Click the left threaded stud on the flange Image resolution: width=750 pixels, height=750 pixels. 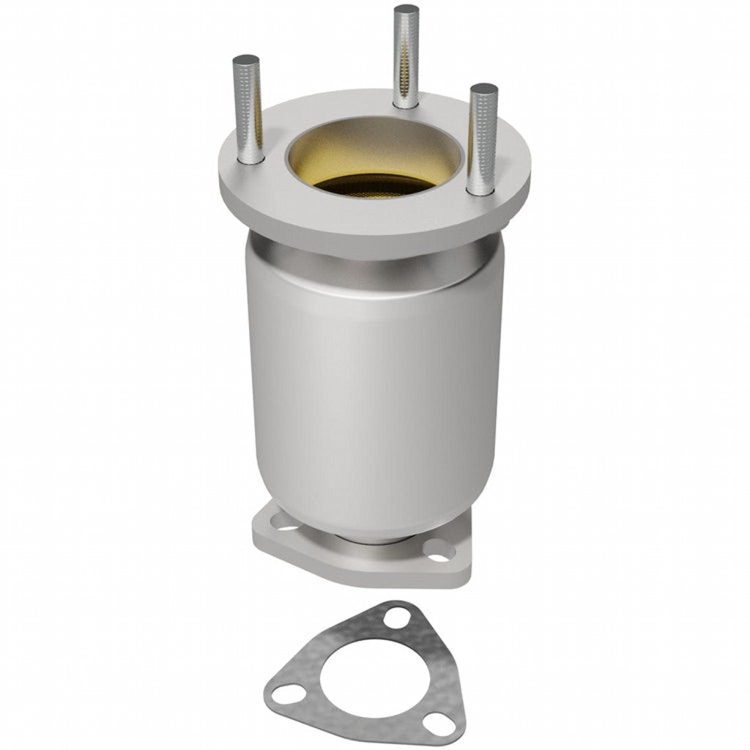point(248,110)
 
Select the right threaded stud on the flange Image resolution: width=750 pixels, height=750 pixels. point(483,139)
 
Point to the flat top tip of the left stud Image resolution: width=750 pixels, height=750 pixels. point(246,59)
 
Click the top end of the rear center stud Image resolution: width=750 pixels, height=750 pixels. point(406,10)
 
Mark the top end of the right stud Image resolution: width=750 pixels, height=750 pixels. point(484,89)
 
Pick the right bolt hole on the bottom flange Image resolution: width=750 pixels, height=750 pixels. point(438,551)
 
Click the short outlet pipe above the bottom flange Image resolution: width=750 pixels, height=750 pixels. point(374,543)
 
